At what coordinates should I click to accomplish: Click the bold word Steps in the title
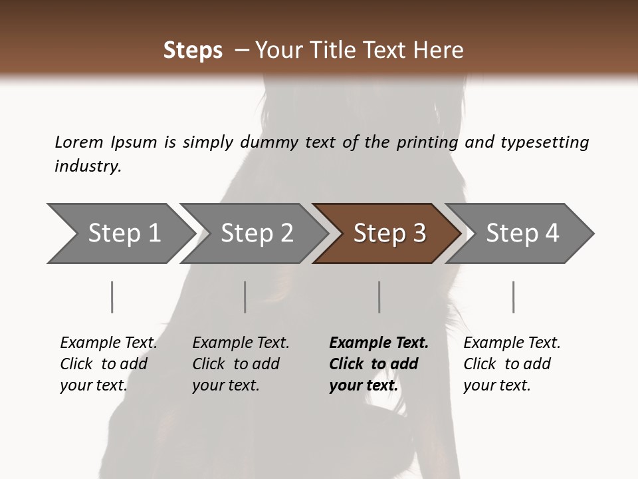[193, 50]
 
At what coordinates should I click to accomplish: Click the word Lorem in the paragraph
[78, 142]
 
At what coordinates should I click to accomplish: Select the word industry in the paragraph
[88, 166]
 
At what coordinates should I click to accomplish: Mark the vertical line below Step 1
[112, 297]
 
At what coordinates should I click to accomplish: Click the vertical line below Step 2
[245, 297]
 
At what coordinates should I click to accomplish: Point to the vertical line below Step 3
[379, 297]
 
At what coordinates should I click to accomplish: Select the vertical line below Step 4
[514, 297]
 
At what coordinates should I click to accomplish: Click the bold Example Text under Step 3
[379, 343]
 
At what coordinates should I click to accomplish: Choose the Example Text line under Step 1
[108, 343]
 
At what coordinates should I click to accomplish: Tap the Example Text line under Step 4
[512, 343]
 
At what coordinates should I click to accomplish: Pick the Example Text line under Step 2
[241, 343]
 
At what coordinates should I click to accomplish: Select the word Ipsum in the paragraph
[134, 142]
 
